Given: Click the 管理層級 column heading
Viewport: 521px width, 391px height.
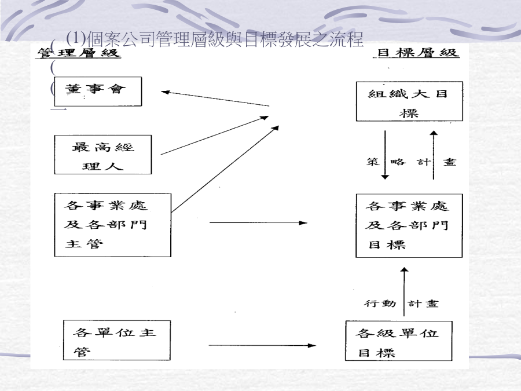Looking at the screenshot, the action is pyautogui.click(x=78, y=53).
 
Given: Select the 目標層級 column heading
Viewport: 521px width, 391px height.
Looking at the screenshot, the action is pyautogui.click(x=417, y=53).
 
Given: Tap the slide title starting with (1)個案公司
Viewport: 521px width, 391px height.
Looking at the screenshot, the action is pyautogui.click(x=215, y=39).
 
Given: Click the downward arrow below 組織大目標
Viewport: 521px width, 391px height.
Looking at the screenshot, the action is pyautogui.click(x=385, y=155).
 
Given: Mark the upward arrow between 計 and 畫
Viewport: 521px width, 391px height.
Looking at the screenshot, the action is pyautogui.click(x=434, y=155).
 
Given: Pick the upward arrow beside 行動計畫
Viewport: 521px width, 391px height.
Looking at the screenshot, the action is pyautogui.click(x=404, y=291).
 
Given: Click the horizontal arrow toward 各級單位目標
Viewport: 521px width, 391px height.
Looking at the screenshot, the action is pyautogui.click(x=262, y=345).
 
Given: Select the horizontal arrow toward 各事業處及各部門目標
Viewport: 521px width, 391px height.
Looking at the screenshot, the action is pyautogui.click(x=259, y=223).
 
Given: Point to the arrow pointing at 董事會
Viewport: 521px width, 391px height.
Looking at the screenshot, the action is pyautogui.click(x=215, y=98).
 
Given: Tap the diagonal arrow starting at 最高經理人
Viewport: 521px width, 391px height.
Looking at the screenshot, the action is pyautogui.click(x=215, y=136).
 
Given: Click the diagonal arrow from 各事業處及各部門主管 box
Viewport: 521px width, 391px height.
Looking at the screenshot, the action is pyautogui.click(x=225, y=169).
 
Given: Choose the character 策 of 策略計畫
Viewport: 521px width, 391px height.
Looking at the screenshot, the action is pyautogui.click(x=373, y=162).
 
